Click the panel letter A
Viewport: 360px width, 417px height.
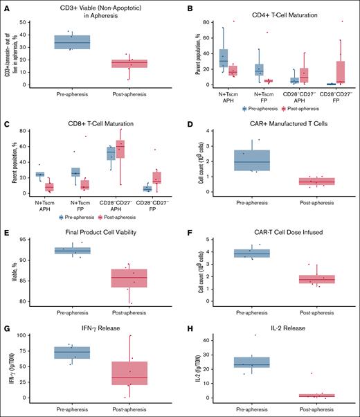pos(6,8)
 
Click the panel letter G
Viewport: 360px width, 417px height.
pos(6,326)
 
